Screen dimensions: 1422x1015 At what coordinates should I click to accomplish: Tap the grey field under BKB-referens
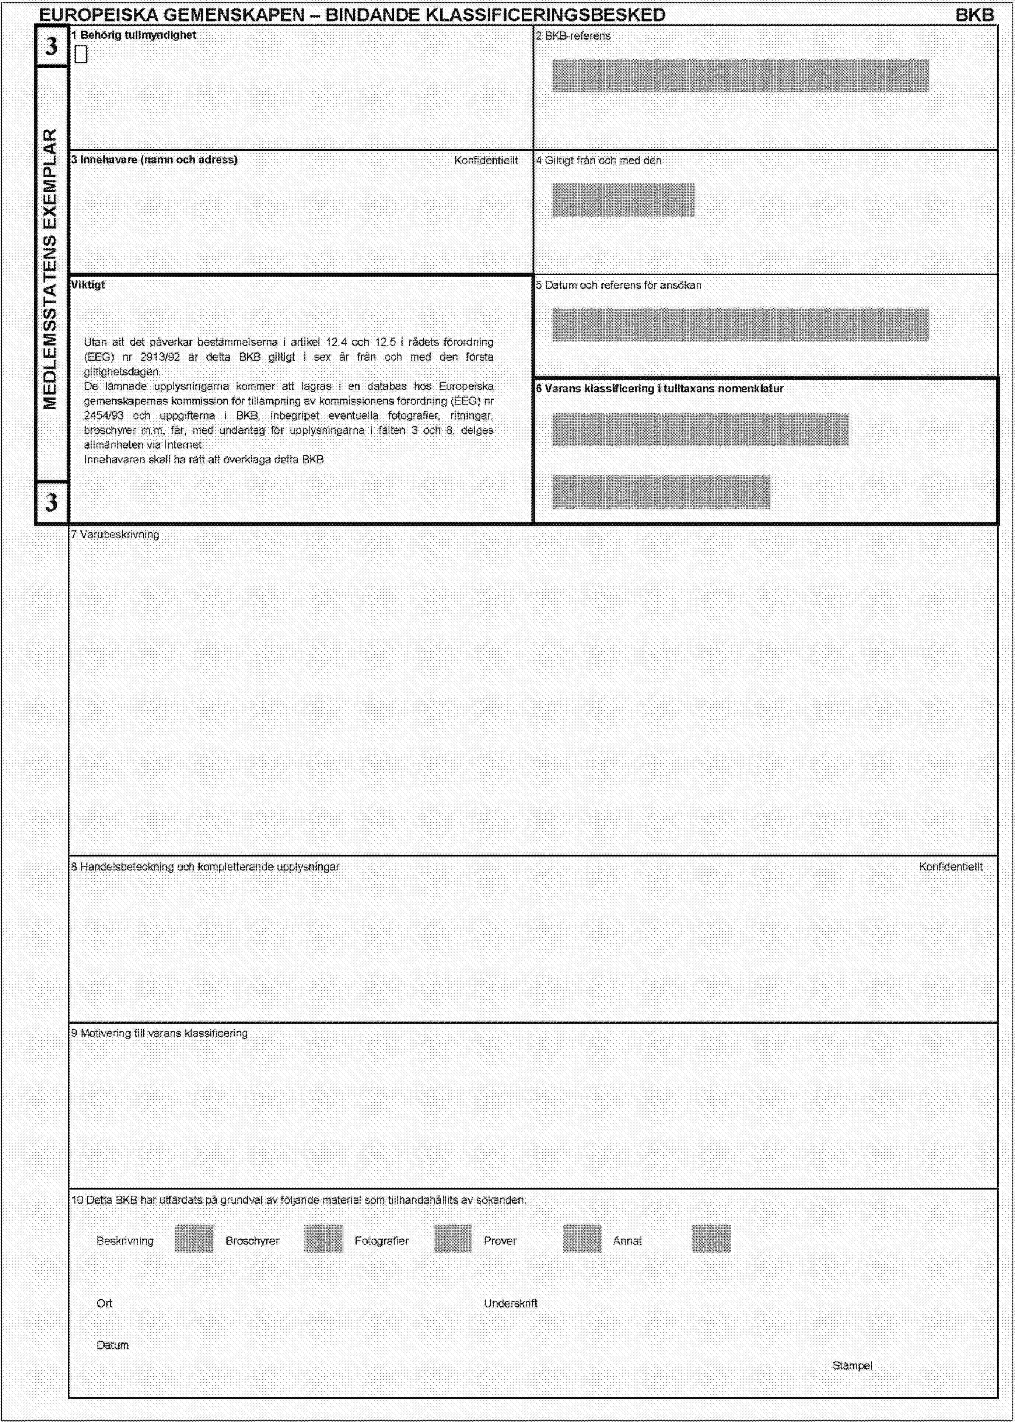[x=740, y=76]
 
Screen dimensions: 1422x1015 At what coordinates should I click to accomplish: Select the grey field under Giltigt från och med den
[x=623, y=200]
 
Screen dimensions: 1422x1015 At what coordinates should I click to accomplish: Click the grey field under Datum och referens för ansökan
[x=740, y=324]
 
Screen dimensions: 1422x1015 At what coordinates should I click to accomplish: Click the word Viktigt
[x=89, y=285]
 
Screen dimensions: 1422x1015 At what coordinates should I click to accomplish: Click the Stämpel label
[x=852, y=1366]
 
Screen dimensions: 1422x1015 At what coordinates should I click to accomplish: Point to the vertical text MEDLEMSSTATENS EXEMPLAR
[x=51, y=269]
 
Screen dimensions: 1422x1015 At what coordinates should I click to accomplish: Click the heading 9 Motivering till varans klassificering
[x=160, y=1033]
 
